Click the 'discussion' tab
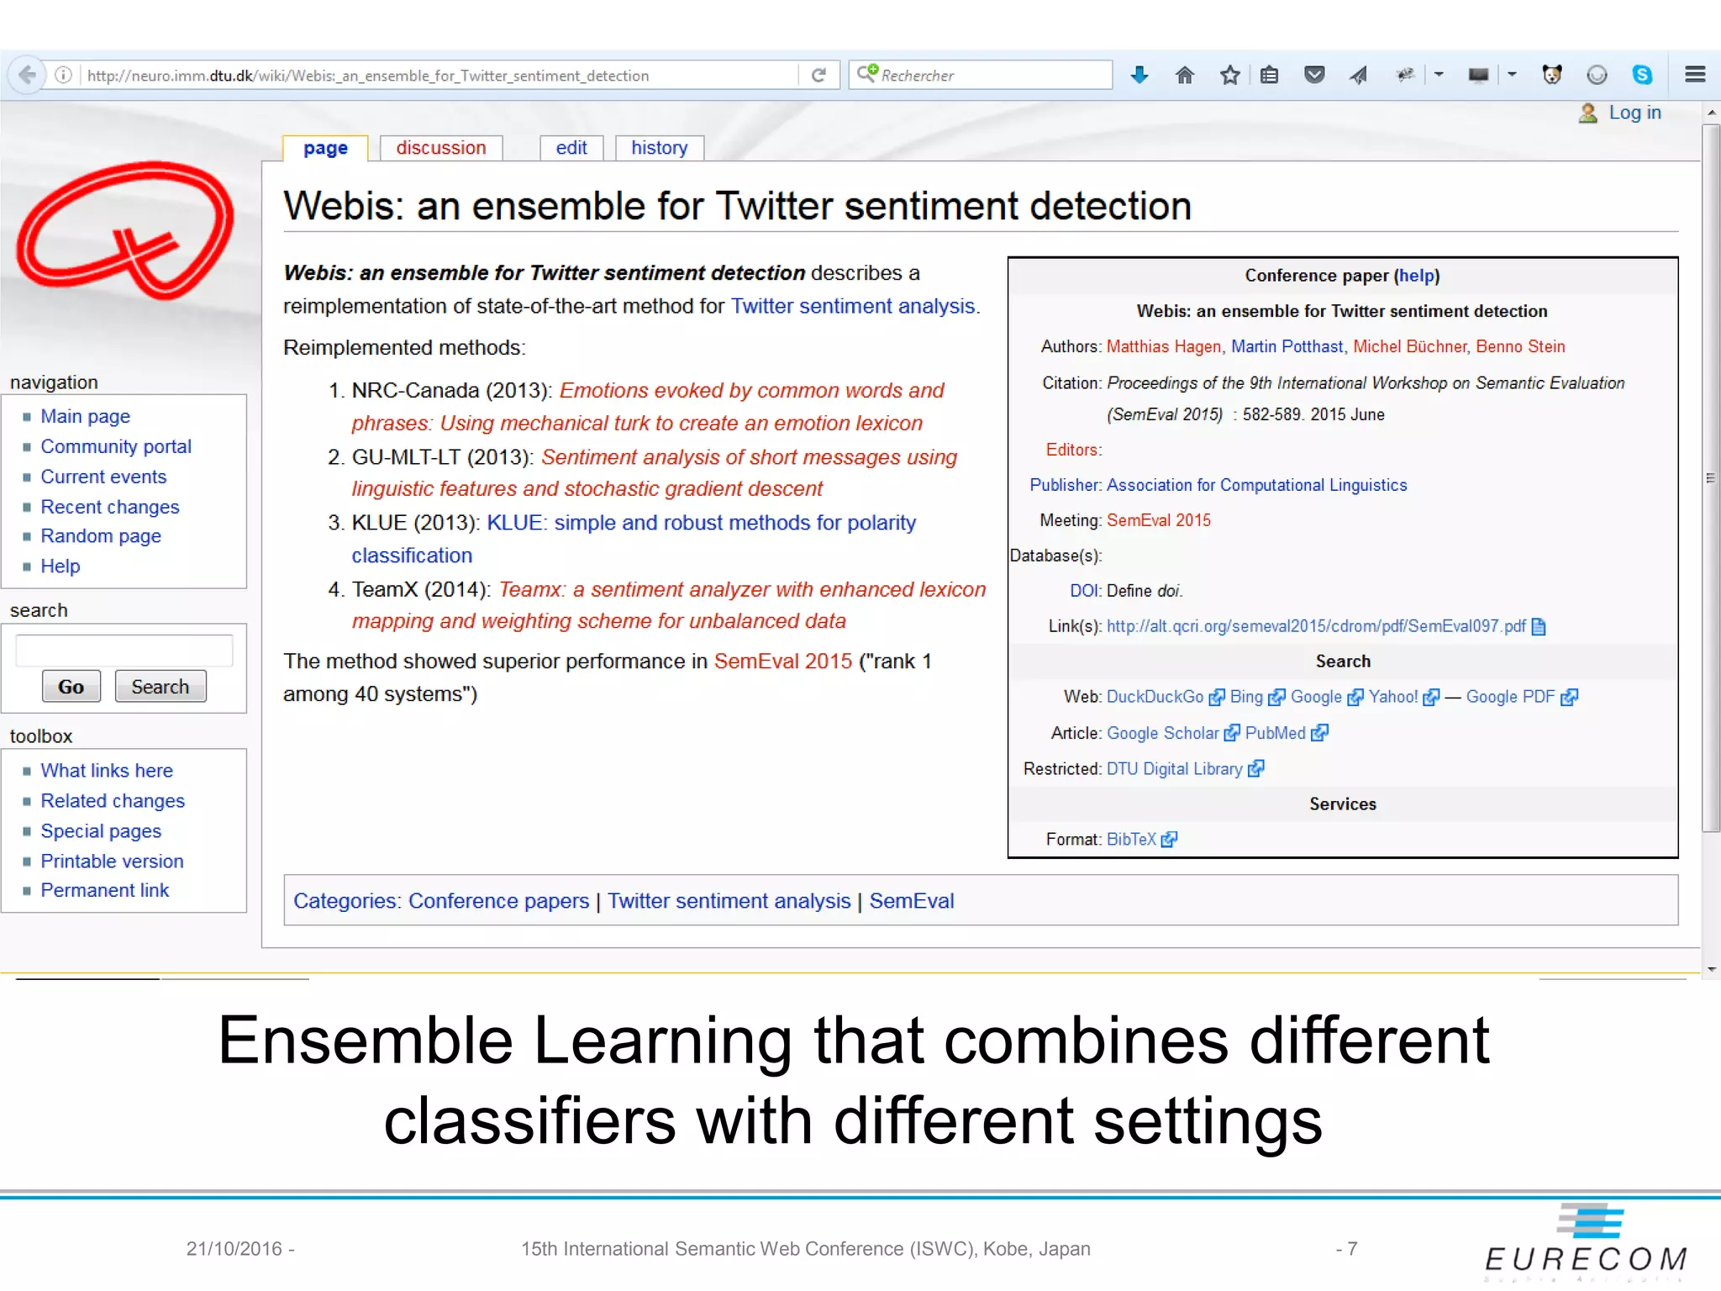click(x=440, y=148)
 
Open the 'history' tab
click(x=659, y=148)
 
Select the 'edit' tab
click(x=571, y=148)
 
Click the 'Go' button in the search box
click(x=71, y=687)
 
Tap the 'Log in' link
click(x=1634, y=113)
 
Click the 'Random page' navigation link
click(x=101, y=536)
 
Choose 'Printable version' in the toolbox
click(x=112, y=861)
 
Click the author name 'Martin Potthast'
click(x=1287, y=346)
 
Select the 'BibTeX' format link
click(x=1131, y=839)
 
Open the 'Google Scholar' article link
click(x=1162, y=733)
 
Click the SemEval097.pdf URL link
click(x=1315, y=626)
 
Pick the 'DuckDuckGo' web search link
click(x=1155, y=697)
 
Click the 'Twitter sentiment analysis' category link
click(x=729, y=901)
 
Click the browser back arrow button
click(x=27, y=75)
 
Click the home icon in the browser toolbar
click(x=1185, y=76)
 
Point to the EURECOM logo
click(x=1587, y=1242)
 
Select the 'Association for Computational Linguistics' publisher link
click(x=1256, y=485)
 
